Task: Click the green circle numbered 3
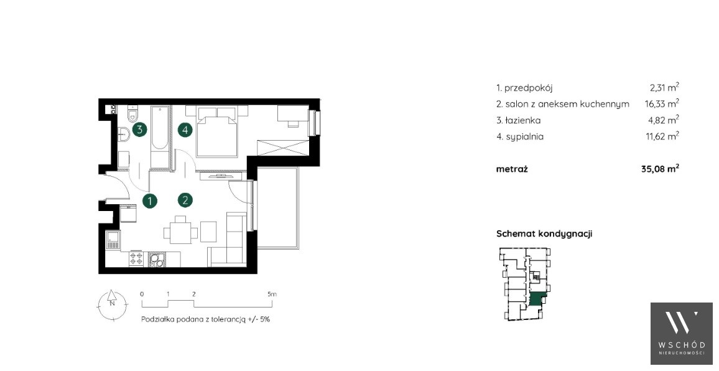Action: click(140, 129)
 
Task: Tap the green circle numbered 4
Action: click(185, 130)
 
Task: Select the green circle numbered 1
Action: click(149, 200)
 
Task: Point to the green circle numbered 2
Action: click(185, 200)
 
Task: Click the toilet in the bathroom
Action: click(133, 113)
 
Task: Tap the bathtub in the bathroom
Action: click(160, 129)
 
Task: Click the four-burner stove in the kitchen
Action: click(136, 259)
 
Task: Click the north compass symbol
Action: click(111, 303)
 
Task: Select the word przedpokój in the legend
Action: click(528, 88)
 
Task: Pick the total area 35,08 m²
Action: click(660, 169)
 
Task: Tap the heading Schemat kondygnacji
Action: click(544, 233)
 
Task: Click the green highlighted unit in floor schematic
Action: click(537, 298)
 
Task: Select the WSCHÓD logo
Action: click(682, 334)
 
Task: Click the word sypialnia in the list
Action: click(524, 137)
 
